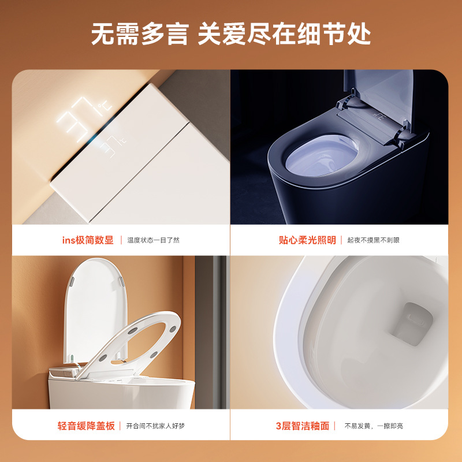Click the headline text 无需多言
tap(140, 34)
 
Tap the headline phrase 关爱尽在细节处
tap(284, 34)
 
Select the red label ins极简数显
tap(88, 240)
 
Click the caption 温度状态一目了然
tap(153, 240)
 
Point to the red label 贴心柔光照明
tap(307, 240)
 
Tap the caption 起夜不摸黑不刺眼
tap(373, 240)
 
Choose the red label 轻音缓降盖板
tap(86, 426)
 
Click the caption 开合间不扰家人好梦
tap(155, 426)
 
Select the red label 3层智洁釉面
tap(303, 426)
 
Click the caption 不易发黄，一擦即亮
tap(374, 426)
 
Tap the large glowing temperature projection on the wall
tap(83, 118)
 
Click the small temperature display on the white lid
tap(113, 146)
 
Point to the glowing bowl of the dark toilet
tap(322, 155)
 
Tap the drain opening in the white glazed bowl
tap(411, 323)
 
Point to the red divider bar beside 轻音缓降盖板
tap(120, 426)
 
